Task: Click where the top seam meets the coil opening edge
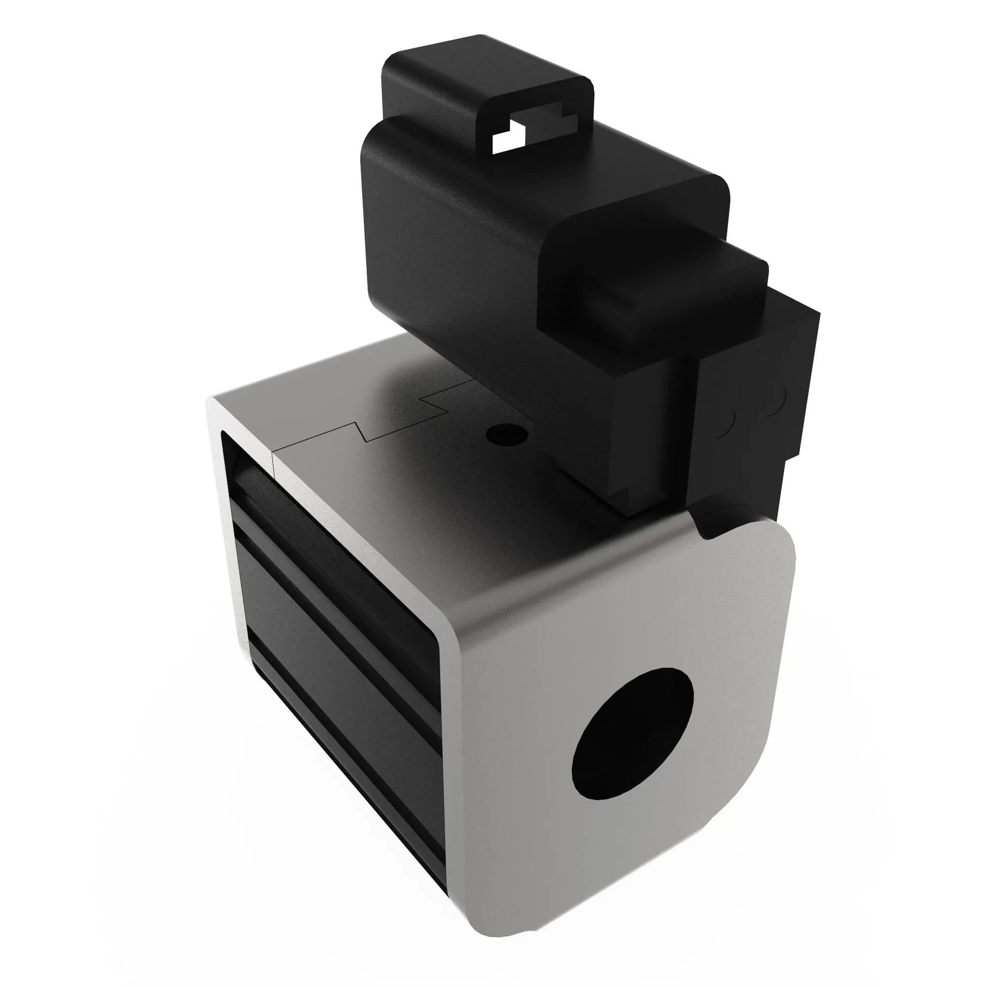click(273, 453)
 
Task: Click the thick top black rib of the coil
click(327, 516)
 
